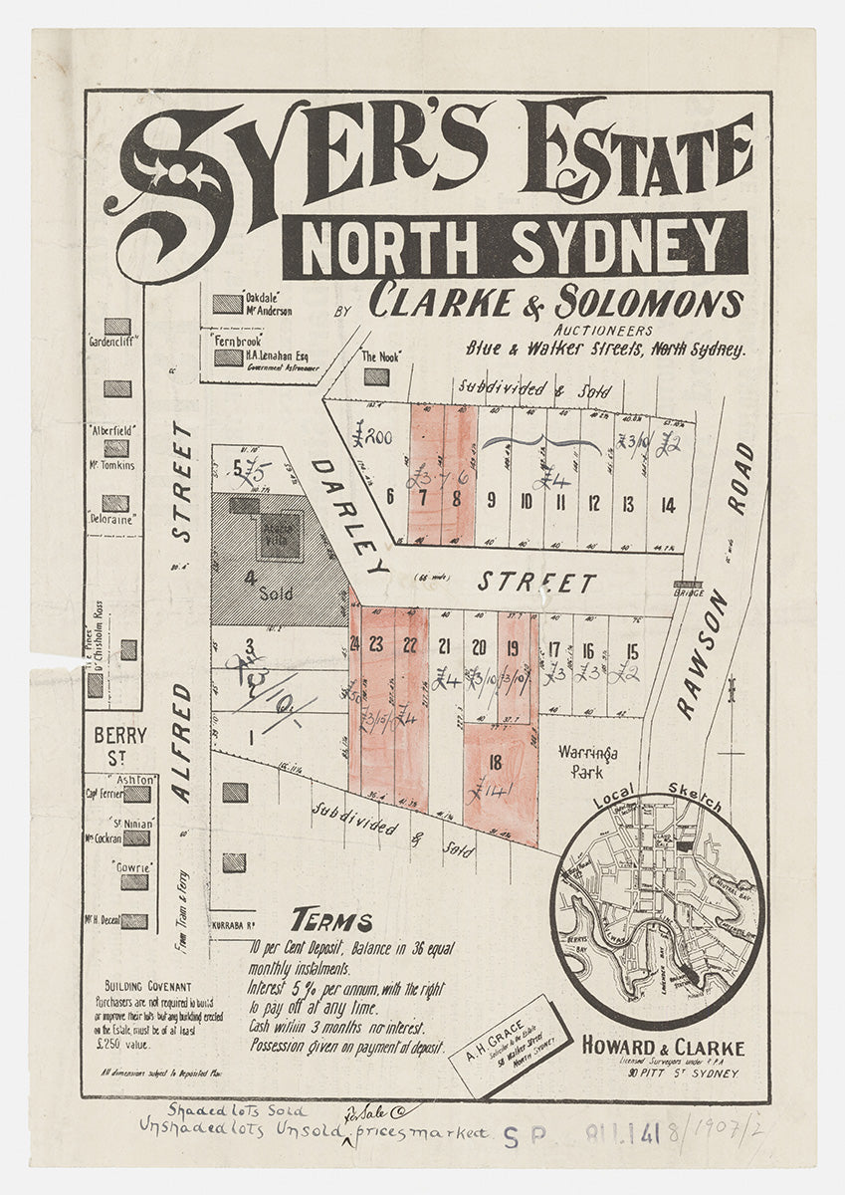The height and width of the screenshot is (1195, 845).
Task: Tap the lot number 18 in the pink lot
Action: pyautogui.click(x=495, y=764)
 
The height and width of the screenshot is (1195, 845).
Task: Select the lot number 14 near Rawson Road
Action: pyautogui.click(x=668, y=505)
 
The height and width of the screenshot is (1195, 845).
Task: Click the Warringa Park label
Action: pyautogui.click(x=587, y=762)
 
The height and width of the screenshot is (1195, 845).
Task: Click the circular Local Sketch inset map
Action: pyautogui.click(x=657, y=908)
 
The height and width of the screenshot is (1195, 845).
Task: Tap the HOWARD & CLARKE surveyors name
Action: pyautogui.click(x=662, y=1048)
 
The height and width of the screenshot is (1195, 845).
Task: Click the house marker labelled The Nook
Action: pyautogui.click(x=376, y=376)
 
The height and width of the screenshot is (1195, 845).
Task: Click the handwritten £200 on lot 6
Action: pyautogui.click(x=371, y=435)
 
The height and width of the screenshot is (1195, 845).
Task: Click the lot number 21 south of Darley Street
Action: pyautogui.click(x=444, y=645)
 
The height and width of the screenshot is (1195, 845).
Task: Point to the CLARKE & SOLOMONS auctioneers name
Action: pyautogui.click(x=555, y=302)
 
